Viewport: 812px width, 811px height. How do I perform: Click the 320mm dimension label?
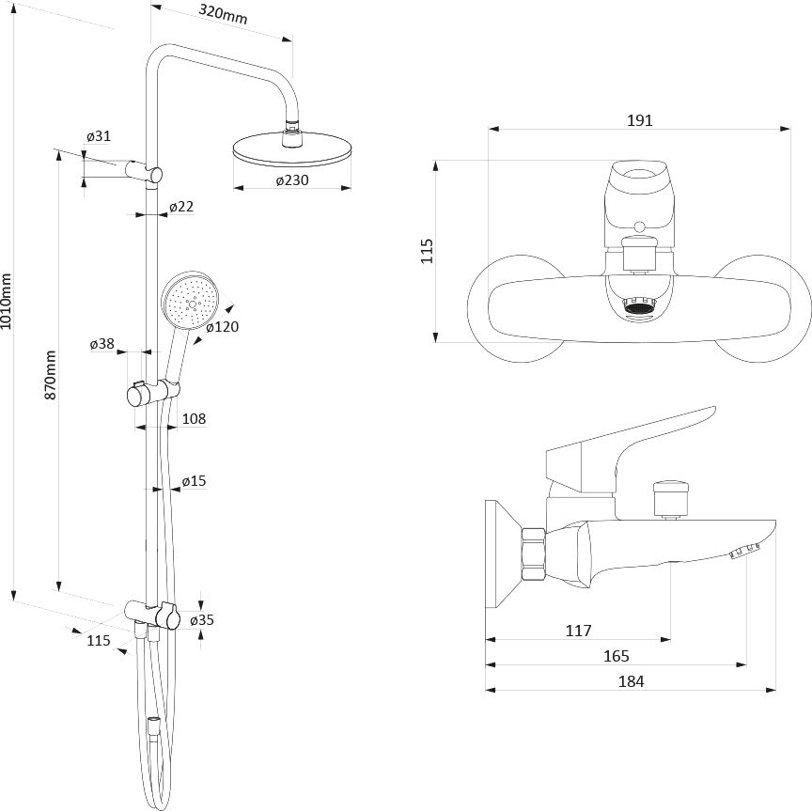pyautogui.click(x=223, y=15)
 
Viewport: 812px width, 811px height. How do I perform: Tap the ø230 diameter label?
pyautogui.click(x=292, y=180)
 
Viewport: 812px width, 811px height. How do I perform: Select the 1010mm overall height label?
pyautogui.click(x=6, y=302)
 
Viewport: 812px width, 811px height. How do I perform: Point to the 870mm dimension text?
pyautogui.click(x=50, y=374)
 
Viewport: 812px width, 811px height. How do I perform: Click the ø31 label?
pyautogui.click(x=99, y=136)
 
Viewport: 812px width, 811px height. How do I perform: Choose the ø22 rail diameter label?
pyautogui.click(x=181, y=207)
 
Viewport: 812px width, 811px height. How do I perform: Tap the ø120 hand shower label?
pyautogui.click(x=222, y=327)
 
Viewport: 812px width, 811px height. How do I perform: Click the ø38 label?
pyautogui.click(x=102, y=343)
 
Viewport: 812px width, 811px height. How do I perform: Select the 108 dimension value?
pyautogui.click(x=195, y=418)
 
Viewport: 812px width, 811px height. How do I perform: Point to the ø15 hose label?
pyautogui.click(x=195, y=481)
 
